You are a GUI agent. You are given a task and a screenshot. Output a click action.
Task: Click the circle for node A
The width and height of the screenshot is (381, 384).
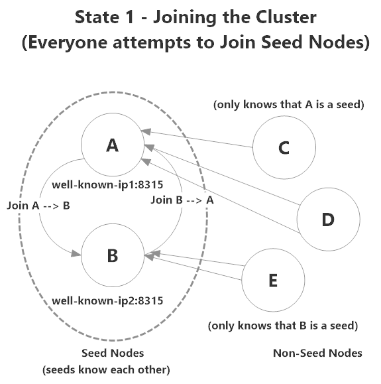click(112, 147)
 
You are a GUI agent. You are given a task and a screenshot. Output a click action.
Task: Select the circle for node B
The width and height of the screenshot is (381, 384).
click(112, 254)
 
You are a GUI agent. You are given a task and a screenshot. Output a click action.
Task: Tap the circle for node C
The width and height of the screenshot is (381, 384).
click(284, 148)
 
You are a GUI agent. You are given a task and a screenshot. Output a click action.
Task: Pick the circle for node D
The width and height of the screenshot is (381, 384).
click(327, 219)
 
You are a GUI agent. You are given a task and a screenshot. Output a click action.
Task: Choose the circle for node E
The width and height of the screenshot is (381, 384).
click(272, 281)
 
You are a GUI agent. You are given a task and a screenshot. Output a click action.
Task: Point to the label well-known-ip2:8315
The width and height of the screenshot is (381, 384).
click(107, 300)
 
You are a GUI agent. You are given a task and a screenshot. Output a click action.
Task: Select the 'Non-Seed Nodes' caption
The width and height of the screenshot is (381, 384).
click(317, 353)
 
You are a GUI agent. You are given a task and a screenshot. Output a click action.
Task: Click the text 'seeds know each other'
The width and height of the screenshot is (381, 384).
click(107, 369)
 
